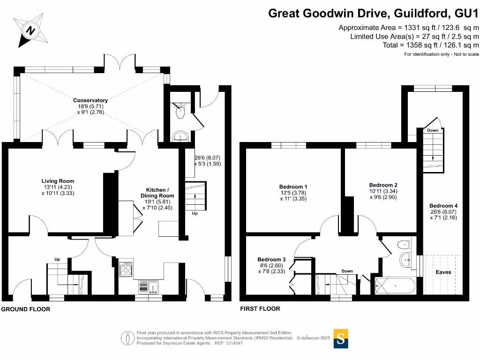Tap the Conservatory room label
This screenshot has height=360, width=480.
pos(90,100)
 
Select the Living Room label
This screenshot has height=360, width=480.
pos(58,181)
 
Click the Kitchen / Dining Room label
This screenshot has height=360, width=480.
pos(157,192)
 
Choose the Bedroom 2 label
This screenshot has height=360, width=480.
pos(383,185)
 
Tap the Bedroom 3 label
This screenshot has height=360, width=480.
pos(271,260)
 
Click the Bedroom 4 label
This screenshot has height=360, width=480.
pos(443,206)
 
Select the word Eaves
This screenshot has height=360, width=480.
pos(443,272)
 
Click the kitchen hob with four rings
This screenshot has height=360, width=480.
pos(126,269)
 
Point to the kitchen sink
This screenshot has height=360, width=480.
pos(149,286)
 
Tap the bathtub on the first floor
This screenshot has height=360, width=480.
pos(395,285)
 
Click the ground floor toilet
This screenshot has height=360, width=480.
pos(180,111)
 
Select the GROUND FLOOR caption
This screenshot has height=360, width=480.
pos(26,309)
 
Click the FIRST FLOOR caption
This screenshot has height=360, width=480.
pos(260,309)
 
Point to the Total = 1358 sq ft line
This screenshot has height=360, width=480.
pos(431,45)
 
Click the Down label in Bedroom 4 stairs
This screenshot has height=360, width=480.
pos(433,130)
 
